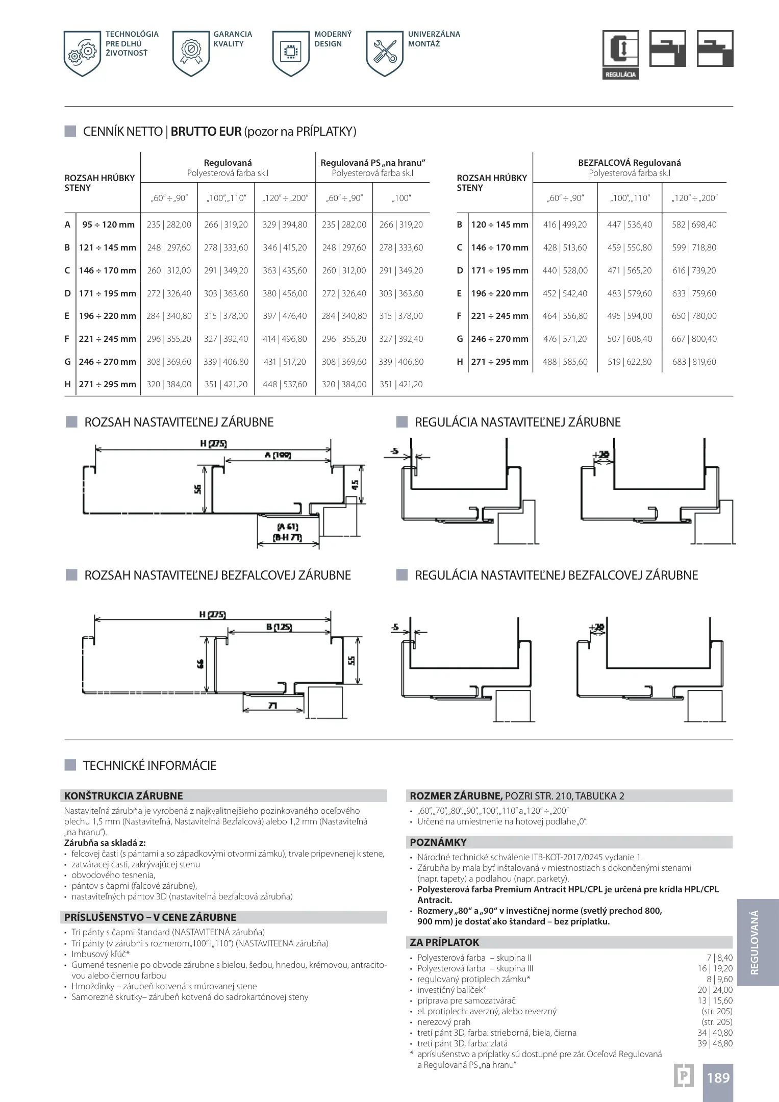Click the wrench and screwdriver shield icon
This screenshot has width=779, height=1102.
(x=385, y=53)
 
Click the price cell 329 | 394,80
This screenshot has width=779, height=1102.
(x=285, y=224)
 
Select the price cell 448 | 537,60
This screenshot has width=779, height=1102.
(x=285, y=384)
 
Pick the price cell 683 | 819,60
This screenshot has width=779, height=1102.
(x=694, y=362)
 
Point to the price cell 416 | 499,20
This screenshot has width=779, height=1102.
(x=565, y=224)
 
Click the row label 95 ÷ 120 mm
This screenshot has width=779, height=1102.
(x=108, y=224)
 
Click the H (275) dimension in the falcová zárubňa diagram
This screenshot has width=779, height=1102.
(x=213, y=444)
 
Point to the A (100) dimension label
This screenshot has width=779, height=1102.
(x=278, y=455)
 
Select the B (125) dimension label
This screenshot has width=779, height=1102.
(x=279, y=627)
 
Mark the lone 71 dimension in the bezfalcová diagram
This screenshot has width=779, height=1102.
(x=272, y=705)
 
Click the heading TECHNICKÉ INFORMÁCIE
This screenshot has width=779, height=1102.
(x=149, y=765)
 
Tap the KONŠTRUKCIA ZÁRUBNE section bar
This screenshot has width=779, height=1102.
(x=224, y=796)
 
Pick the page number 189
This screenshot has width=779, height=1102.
(x=718, y=1078)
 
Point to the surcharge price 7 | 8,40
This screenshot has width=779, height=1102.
(x=719, y=958)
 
